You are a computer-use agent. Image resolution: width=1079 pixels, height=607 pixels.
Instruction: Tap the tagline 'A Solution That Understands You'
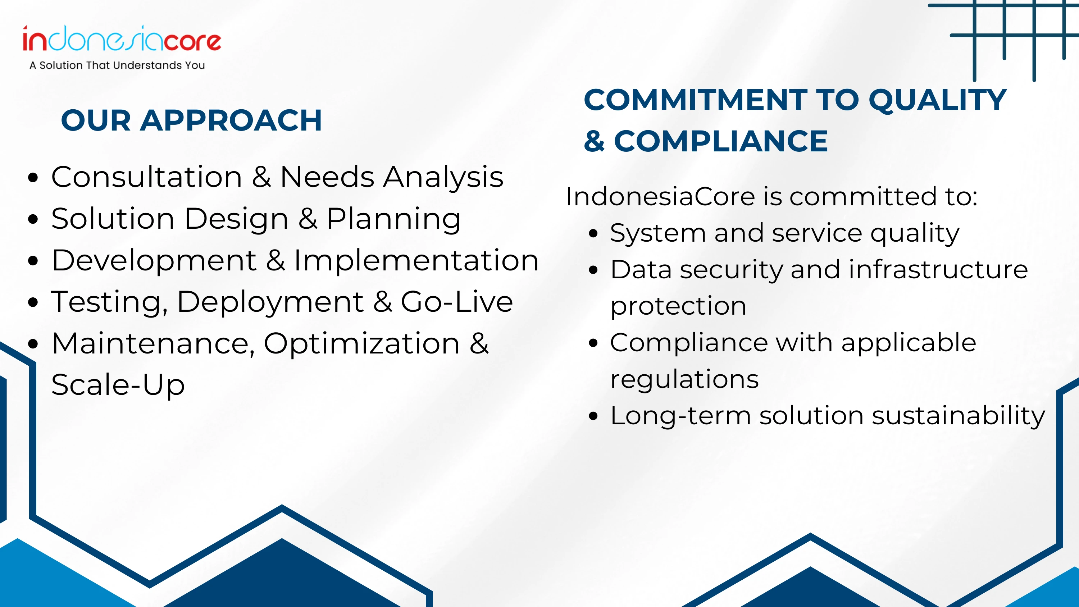(117, 65)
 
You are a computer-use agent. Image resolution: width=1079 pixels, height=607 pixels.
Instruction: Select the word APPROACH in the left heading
(231, 120)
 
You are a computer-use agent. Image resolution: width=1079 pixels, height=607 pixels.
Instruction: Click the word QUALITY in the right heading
(937, 101)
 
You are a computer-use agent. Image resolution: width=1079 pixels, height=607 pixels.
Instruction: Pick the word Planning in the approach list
(394, 219)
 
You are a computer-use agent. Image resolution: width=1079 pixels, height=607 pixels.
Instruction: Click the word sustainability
(959, 416)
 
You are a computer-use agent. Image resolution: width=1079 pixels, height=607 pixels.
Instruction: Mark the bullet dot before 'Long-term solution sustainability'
(593, 416)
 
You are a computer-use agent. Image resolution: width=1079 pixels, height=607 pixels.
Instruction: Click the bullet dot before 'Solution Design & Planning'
(33, 219)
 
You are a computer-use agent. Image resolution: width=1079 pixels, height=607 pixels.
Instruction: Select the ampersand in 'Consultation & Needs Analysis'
(261, 177)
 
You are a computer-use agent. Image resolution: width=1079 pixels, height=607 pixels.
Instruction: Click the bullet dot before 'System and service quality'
(593, 233)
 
